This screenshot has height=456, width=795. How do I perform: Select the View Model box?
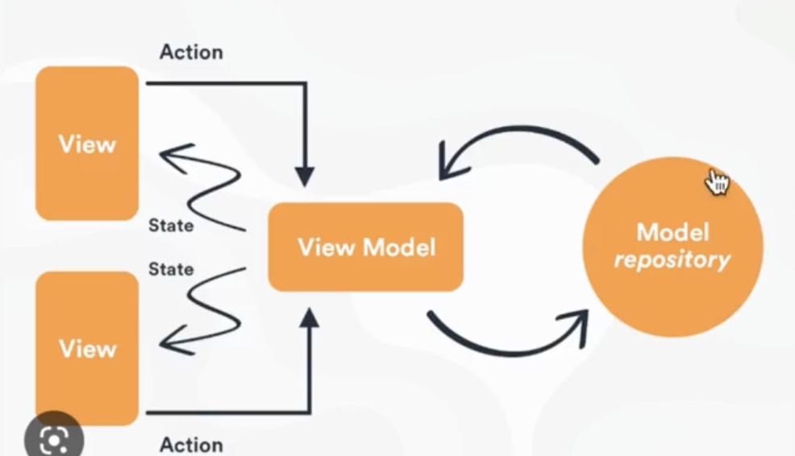[365, 247]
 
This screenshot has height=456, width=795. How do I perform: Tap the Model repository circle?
[672, 247]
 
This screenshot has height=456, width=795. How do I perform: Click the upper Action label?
[191, 52]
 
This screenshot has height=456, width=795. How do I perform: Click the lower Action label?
[191, 444]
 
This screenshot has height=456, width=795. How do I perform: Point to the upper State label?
[171, 226]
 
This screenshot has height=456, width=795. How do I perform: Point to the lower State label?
[171, 268]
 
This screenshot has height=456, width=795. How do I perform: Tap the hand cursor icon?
[716, 182]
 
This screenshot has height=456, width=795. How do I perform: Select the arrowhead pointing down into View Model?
[304, 177]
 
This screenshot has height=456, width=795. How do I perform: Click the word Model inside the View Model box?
[401, 247]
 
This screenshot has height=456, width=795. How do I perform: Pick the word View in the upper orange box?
[87, 145]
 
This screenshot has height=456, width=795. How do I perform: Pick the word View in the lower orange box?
[87, 349]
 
